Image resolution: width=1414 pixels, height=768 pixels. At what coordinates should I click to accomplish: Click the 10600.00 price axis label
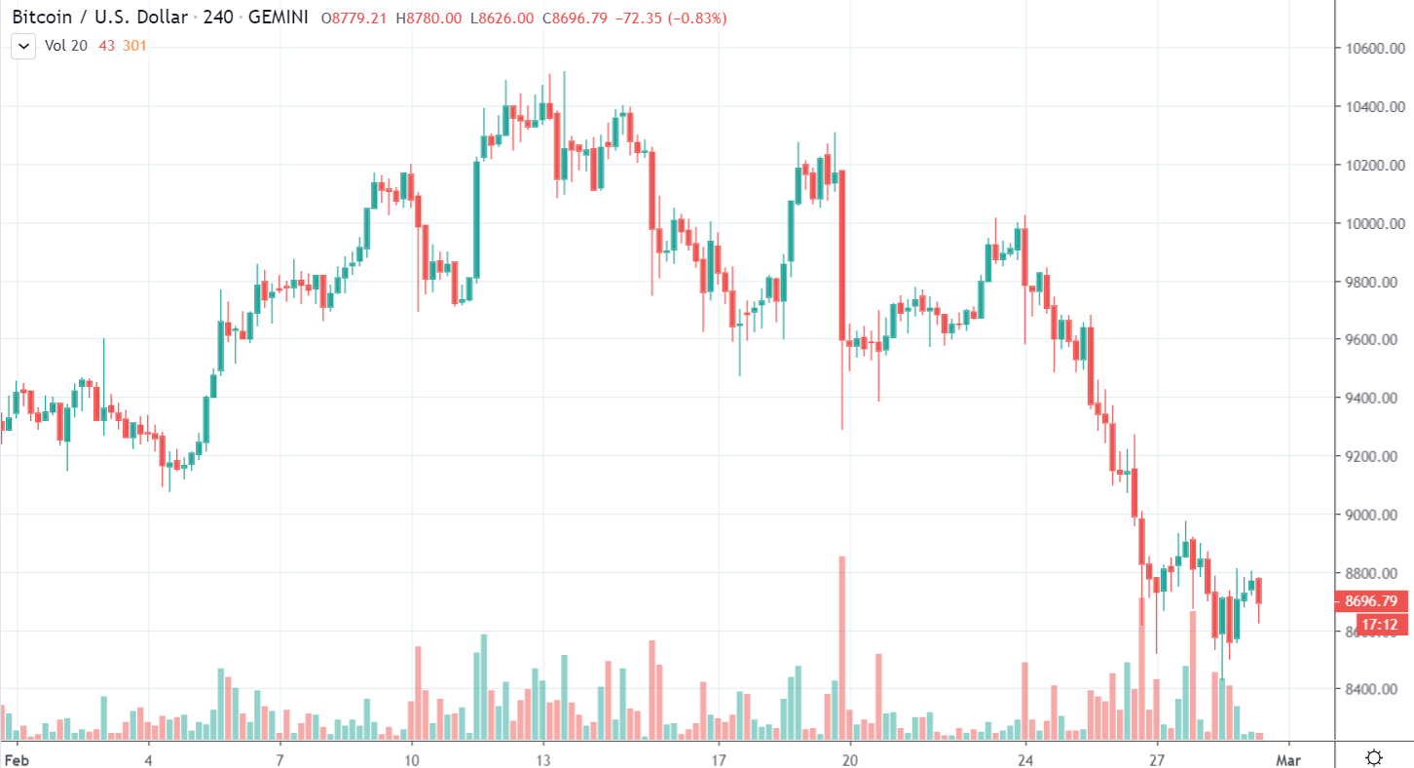point(1373,49)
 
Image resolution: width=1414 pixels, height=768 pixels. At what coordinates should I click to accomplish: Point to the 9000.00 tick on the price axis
point(1373,515)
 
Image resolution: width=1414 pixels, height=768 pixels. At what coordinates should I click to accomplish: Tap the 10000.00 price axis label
point(1373,224)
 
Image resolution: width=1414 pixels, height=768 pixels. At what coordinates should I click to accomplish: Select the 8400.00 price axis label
point(1373,690)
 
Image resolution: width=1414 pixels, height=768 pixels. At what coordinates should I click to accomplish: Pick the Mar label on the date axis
point(1288,757)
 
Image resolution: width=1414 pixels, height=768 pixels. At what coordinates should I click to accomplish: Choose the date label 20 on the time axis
point(849,757)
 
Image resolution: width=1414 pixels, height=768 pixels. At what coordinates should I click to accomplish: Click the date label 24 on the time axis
point(1025,757)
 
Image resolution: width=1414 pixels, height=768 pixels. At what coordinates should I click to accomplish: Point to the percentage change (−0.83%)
point(697,19)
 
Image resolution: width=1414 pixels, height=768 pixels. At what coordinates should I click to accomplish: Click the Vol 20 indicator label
point(66,45)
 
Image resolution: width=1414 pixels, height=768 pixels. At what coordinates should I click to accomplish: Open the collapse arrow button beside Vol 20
point(24,45)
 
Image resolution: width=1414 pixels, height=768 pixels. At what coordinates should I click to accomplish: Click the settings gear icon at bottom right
point(1374,757)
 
